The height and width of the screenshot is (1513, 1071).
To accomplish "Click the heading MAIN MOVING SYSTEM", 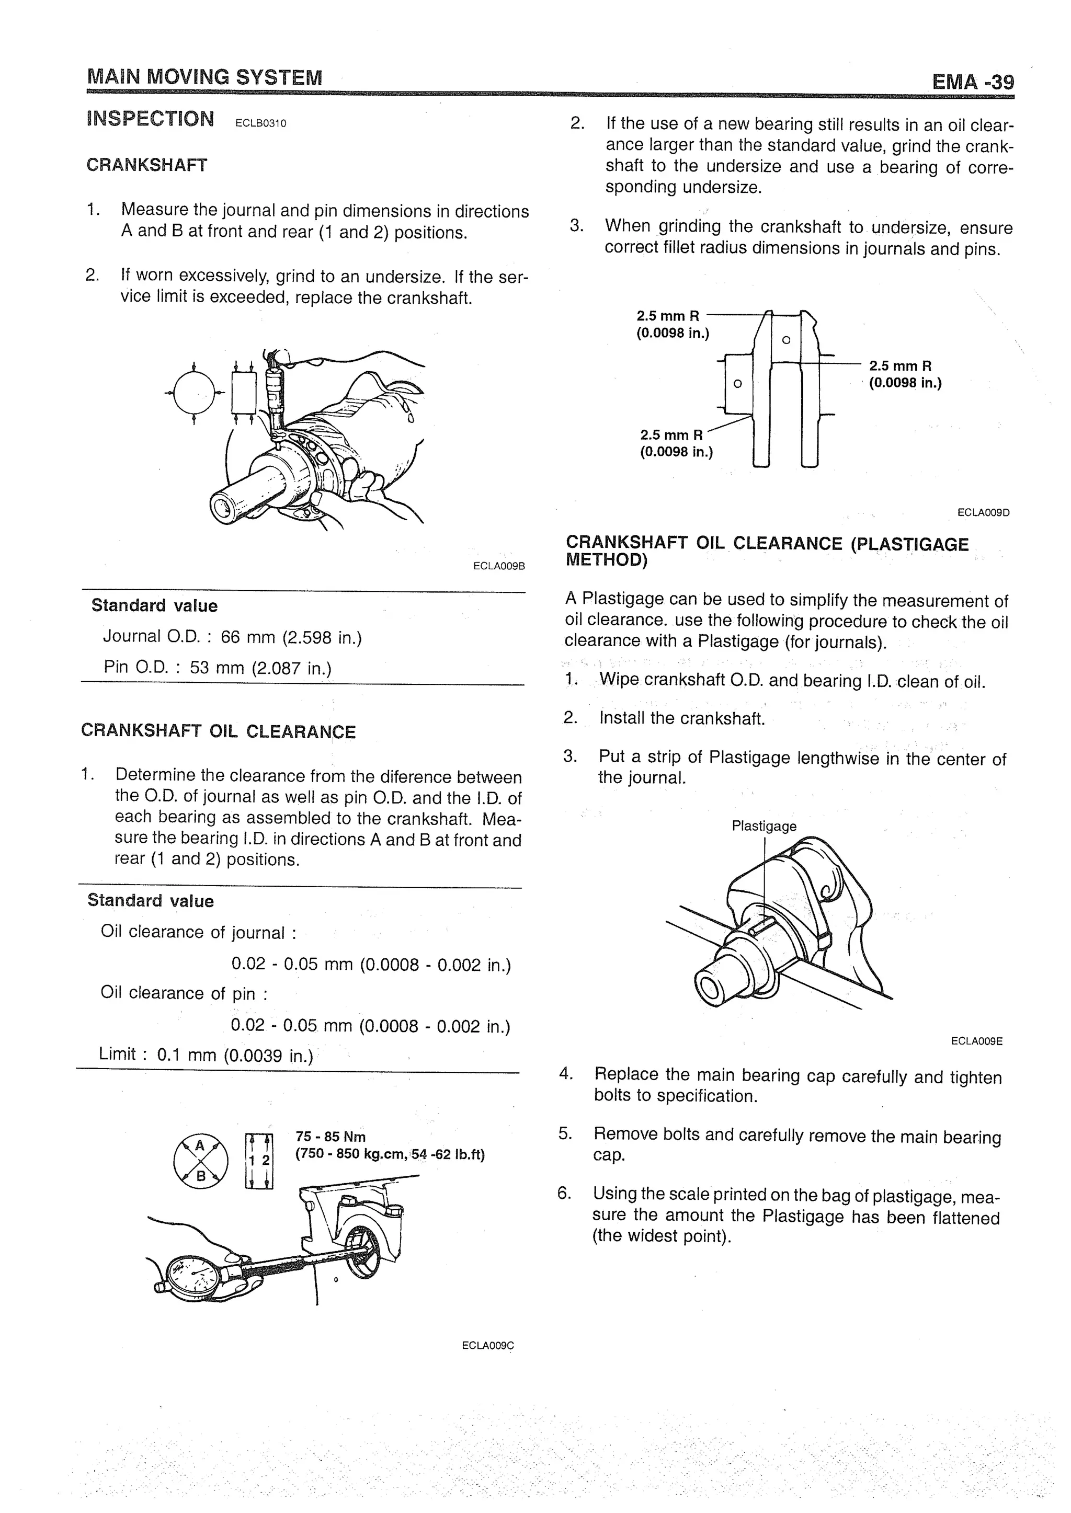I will tap(204, 77).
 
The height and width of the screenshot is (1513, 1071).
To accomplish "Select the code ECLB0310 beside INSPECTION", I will tap(260, 123).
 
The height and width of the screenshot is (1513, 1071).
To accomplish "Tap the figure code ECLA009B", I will tap(498, 566).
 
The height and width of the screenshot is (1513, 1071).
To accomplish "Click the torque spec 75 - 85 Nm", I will tap(331, 1137).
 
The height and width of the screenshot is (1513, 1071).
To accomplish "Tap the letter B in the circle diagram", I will tap(201, 1175).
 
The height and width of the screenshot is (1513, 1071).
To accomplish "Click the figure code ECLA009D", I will tap(983, 512).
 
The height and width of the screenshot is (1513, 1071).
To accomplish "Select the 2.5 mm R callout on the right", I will tap(900, 366).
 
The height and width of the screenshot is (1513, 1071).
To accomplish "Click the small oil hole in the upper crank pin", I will tap(785, 340).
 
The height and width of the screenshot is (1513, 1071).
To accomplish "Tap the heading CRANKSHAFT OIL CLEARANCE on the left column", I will tap(218, 732).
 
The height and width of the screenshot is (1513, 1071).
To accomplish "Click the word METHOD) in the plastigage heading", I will tap(606, 560).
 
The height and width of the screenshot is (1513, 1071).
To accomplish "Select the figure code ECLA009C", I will tap(487, 1346).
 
